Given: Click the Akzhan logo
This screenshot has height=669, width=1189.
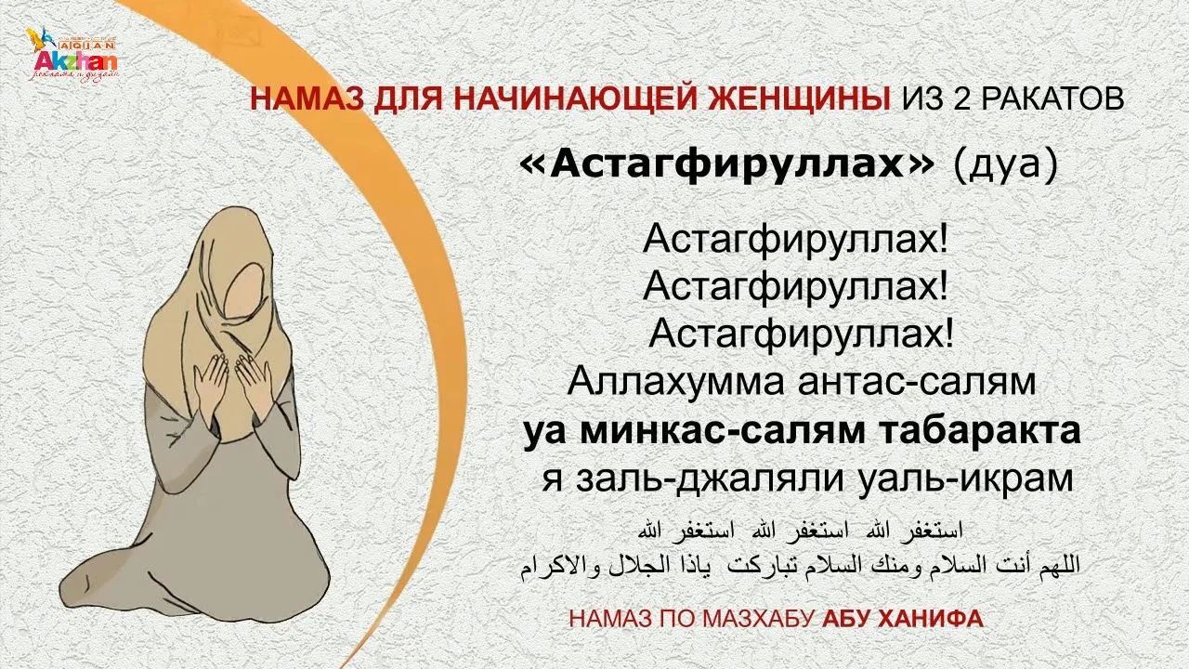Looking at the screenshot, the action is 72,55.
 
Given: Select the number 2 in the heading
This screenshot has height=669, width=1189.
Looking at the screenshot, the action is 964,98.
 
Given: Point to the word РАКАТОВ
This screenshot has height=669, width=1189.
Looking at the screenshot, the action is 1052,98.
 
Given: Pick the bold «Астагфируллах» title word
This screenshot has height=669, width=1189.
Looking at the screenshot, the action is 726,165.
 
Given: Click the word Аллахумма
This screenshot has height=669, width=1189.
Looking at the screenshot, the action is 675,381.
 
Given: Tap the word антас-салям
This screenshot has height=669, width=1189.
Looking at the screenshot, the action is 917,382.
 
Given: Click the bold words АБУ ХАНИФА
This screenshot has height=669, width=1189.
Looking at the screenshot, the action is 903,619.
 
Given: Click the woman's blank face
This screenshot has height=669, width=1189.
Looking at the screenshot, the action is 244,291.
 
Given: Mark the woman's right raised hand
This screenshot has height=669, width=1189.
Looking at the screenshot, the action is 212,382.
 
